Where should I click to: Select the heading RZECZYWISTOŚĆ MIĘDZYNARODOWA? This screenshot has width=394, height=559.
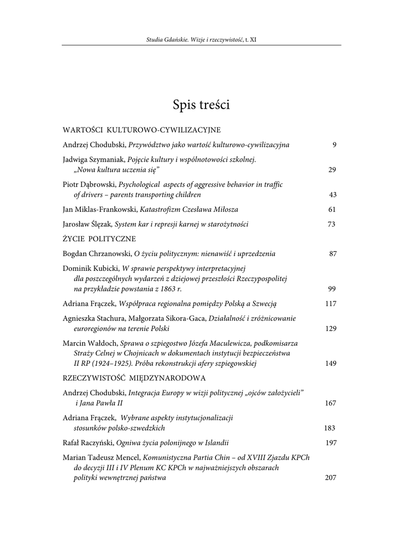click(134, 378)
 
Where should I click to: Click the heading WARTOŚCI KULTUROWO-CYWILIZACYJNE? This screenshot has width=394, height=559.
click(142, 130)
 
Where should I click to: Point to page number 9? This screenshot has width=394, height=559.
click(334, 145)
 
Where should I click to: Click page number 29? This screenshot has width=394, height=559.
click(332, 170)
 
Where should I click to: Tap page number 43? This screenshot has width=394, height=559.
click(332, 194)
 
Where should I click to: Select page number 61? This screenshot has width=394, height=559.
click(332, 209)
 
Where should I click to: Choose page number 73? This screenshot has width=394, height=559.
click(332, 224)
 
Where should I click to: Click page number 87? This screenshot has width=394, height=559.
click(332, 253)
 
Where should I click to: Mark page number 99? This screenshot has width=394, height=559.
click(332, 289)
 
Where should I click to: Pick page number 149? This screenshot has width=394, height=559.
click(330, 363)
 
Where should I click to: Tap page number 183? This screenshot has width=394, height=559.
click(330, 428)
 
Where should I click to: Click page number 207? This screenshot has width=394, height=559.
click(330, 478)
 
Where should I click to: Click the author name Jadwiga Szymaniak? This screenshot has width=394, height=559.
click(93, 159)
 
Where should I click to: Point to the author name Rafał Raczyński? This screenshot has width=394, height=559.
click(89, 443)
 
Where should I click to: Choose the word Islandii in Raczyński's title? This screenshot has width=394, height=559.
click(216, 443)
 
